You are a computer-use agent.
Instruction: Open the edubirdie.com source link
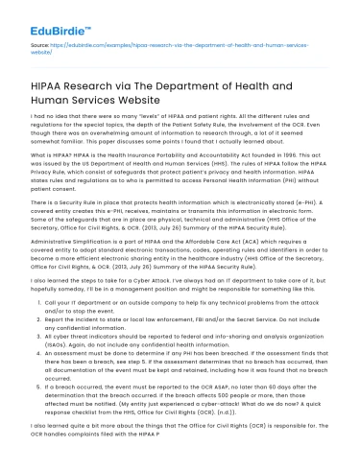coord(144,45)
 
